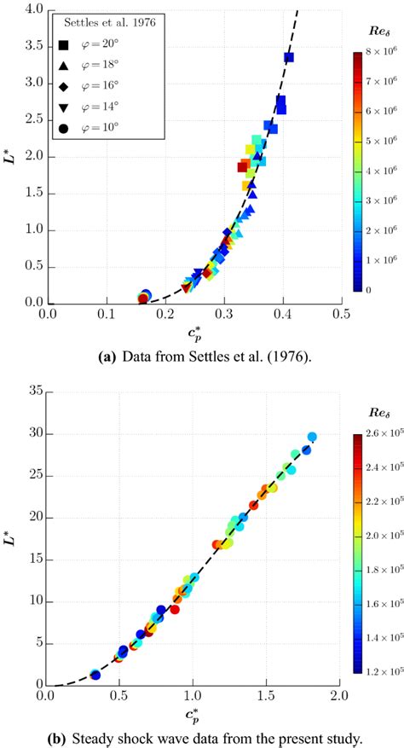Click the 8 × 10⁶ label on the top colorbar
click(x=378, y=54)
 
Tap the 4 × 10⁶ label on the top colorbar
click(x=378, y=171)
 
